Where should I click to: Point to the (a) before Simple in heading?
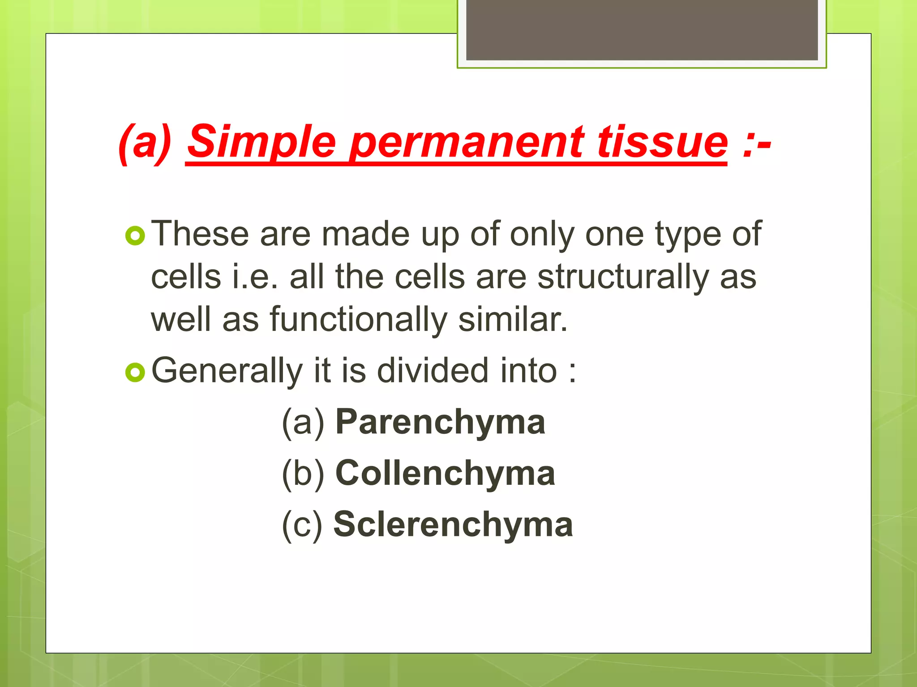coord(146,142)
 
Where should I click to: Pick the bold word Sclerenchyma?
coord(453,524)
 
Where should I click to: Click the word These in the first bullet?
coord(200,234)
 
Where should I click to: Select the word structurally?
coord(623,277)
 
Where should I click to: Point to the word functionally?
coord(358,320)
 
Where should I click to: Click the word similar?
coord(513,320)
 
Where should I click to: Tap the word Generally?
coord(227,371)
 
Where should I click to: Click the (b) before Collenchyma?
coord(303,474)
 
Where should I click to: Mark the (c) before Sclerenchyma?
coord(302,525)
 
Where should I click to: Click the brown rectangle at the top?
coord(642,30)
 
